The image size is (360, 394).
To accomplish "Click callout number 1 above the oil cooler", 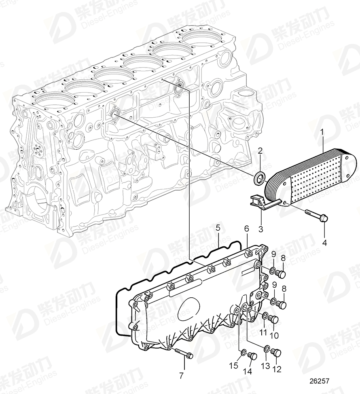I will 322,132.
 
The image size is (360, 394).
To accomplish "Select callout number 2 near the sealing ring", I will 260,151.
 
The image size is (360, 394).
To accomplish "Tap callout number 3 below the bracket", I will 260,229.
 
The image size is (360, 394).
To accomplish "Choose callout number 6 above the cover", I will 246,229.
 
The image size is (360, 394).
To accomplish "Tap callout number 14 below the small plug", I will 248,371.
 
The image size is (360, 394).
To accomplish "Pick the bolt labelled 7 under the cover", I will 184,354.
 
